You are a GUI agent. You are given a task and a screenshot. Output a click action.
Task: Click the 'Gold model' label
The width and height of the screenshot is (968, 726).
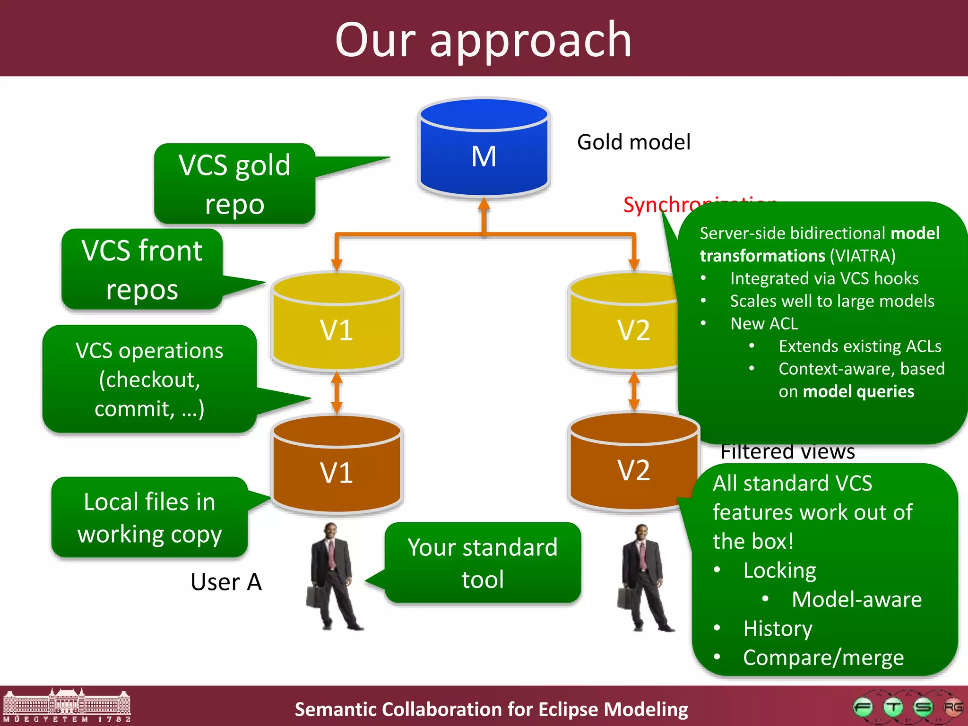(x=633, y=142)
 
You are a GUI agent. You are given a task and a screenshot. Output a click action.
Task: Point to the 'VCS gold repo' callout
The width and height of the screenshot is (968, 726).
(x=235, y=184)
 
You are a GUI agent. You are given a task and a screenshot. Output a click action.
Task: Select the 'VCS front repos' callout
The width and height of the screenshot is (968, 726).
(x=142, y=269)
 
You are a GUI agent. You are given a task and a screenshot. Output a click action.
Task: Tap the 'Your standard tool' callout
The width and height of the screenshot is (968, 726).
(x=483, y=562)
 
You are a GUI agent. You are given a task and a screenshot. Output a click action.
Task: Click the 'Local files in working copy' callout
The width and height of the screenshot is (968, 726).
(x=150, y=518)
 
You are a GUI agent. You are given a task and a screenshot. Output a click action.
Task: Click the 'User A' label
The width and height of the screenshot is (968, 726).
(x=226, y=582)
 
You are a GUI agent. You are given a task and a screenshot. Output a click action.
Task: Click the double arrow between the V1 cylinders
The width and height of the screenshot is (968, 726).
(x=337, y=392)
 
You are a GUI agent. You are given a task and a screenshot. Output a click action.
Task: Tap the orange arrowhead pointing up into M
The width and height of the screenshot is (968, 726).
(x=484, y=204)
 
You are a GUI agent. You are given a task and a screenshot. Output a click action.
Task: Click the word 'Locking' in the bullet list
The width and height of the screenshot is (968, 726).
(x=779, y=570)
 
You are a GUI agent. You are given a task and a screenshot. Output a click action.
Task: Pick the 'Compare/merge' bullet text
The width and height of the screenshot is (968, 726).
(x=823, y=657)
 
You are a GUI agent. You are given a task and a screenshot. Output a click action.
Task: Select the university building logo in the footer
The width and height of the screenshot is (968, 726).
(x=67, y=706)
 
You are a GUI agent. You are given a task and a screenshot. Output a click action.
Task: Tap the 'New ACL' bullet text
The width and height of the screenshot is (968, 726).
(x=764, y=324)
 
